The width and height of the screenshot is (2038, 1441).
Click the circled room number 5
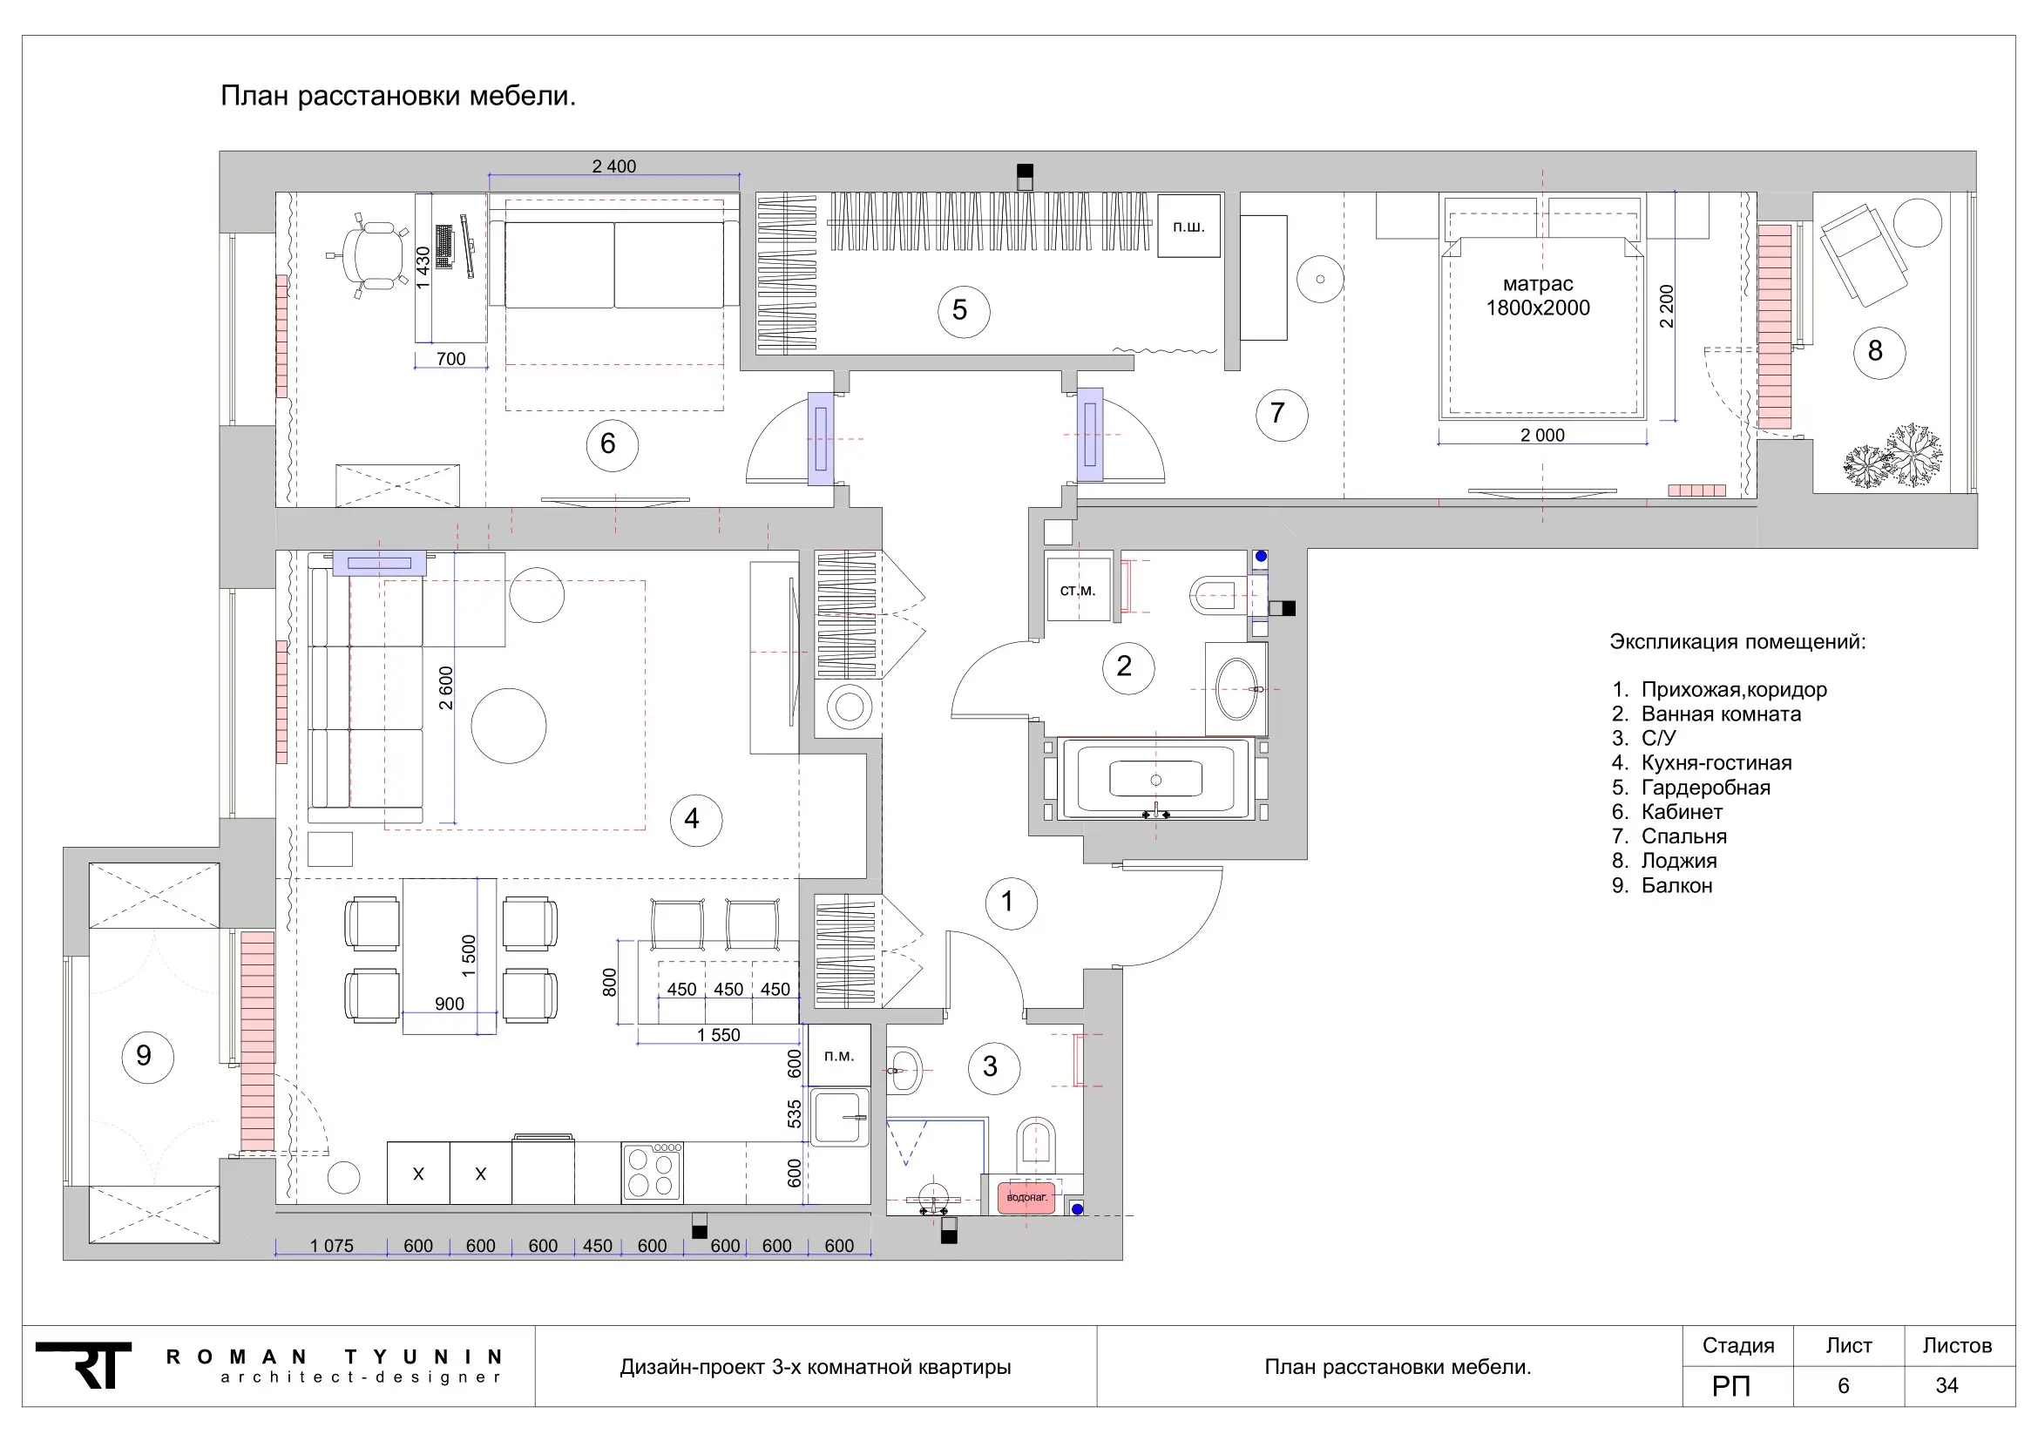point(962,310)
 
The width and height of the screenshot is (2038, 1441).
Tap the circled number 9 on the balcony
point(146,1056)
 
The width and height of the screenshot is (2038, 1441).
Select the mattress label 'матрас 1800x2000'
point(1538,295)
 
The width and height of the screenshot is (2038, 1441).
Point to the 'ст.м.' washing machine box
point(1078,589)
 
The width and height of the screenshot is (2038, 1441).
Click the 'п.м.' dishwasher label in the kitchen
point(839,1055)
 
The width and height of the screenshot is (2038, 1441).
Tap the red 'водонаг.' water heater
point(1027,1197)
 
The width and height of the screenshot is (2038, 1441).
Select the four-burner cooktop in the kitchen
point(653,1171)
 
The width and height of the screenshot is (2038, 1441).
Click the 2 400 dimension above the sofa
point(614,166)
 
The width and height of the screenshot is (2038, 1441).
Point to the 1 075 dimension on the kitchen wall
point(331,1246)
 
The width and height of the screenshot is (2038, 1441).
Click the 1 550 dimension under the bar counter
point(718,1035)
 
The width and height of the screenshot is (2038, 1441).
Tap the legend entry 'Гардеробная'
point(1705,788)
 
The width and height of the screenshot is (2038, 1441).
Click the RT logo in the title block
point(85,1365)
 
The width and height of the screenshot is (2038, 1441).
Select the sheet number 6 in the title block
point(1843,1386)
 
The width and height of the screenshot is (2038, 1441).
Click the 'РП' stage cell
point(1731,1386)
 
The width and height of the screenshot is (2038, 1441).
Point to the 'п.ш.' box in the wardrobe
point(1188,227)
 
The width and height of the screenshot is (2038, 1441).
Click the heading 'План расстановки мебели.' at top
point(397,96)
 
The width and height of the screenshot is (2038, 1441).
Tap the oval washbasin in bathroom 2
point(1236,688)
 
